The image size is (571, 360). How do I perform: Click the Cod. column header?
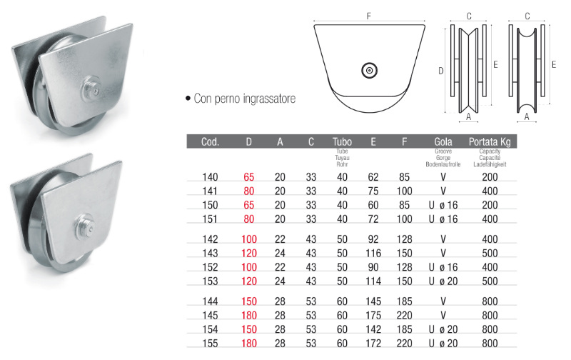[x=210, y=141]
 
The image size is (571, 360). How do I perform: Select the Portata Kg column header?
[x=490, y=141]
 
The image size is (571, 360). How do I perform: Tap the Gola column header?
[x=443, y=141]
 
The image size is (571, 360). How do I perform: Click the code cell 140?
[x=210, y=177]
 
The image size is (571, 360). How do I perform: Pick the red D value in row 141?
[x=248, y=191]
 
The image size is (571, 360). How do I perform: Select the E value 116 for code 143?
[x=373, y=254]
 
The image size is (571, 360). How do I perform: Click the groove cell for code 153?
[x=443, y=281]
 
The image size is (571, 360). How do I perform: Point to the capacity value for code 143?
[x=490, y=254]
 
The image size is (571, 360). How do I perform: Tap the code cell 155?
[x=210, y=344]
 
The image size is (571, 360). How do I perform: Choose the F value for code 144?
[x=404, y=301]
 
